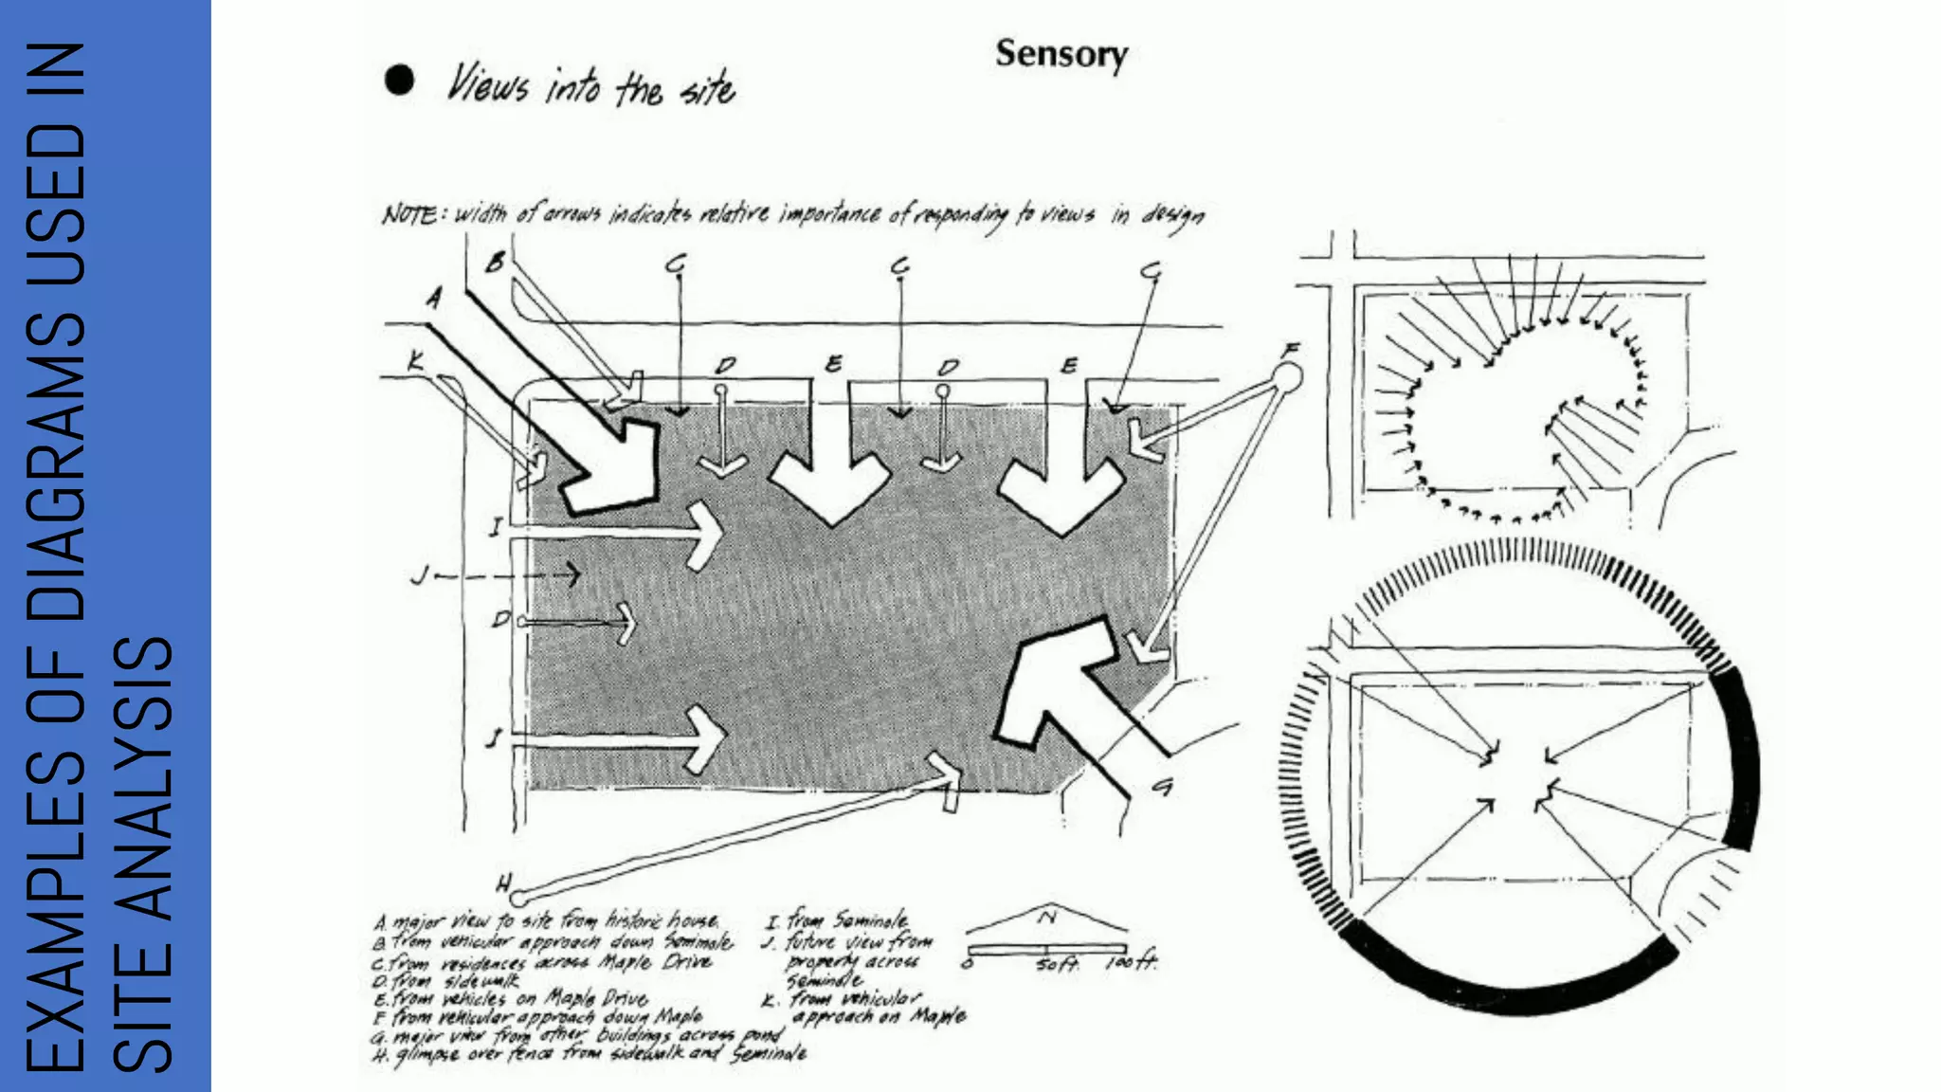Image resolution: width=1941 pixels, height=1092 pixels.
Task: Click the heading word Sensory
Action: click(1061, 54)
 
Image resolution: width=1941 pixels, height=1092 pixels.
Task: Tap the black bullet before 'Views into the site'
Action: click(399, 81)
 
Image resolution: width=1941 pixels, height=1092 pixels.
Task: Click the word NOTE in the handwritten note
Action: click(409, 215)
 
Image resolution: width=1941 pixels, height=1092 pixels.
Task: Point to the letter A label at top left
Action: click(434, 299)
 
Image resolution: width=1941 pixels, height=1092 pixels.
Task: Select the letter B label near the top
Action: click(495, 263)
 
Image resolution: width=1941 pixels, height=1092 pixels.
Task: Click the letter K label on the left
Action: click(415, 361)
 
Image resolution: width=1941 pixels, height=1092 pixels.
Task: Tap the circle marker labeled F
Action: click(1286, 379)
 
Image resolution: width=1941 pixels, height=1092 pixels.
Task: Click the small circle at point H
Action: click(517, 897)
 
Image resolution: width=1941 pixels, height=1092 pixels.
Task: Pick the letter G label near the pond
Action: click(1163, 786)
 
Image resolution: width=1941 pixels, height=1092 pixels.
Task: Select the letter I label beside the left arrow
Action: click(495, 527)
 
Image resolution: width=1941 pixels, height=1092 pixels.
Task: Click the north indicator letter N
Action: click(1047, 917)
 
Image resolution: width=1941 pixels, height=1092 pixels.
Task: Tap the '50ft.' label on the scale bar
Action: click(1057, 964)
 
